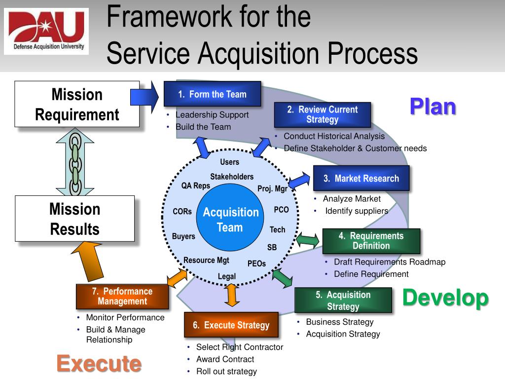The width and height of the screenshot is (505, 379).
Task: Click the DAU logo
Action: pos(46,31)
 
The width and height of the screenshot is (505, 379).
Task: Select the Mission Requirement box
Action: pos(77,105)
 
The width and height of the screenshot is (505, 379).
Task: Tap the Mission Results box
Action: pos(74,219)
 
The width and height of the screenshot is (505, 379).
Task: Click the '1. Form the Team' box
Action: pos(212,94)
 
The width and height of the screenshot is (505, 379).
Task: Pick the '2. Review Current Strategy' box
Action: pos(322,114)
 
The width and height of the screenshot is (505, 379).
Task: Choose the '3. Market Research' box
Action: pos(361,178)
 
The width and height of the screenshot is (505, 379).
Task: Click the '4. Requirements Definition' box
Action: pos(371,241)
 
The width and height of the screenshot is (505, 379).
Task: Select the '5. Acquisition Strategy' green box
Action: pos(343,300)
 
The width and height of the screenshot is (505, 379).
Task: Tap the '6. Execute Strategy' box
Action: pos(231,325)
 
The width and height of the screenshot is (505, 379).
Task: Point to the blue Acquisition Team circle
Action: pos(230,220)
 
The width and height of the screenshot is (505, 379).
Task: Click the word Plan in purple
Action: pos(433,107)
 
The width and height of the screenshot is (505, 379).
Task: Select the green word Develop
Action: pos(445,298)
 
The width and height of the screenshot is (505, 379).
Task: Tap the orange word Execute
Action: pos(99,364)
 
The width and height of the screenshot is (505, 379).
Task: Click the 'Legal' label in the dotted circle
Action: pos(227,276)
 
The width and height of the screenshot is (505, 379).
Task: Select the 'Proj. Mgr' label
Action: pos(272,189)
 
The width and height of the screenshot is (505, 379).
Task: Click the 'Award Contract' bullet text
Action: pos(225,359)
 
